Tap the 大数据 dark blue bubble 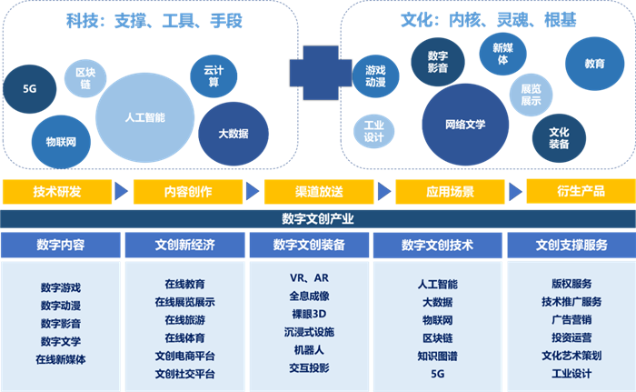click(233, 134)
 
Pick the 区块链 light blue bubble click(85, 78)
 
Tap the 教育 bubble click(594, 64)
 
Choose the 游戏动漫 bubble click(374, 75)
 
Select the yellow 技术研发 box click(56, 192)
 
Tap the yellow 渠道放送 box click(318, 192)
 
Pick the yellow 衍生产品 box click(580, 191)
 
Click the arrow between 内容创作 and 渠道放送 click(252, 192)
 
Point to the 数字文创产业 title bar click(318, 218)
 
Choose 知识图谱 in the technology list click(438, 354)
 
